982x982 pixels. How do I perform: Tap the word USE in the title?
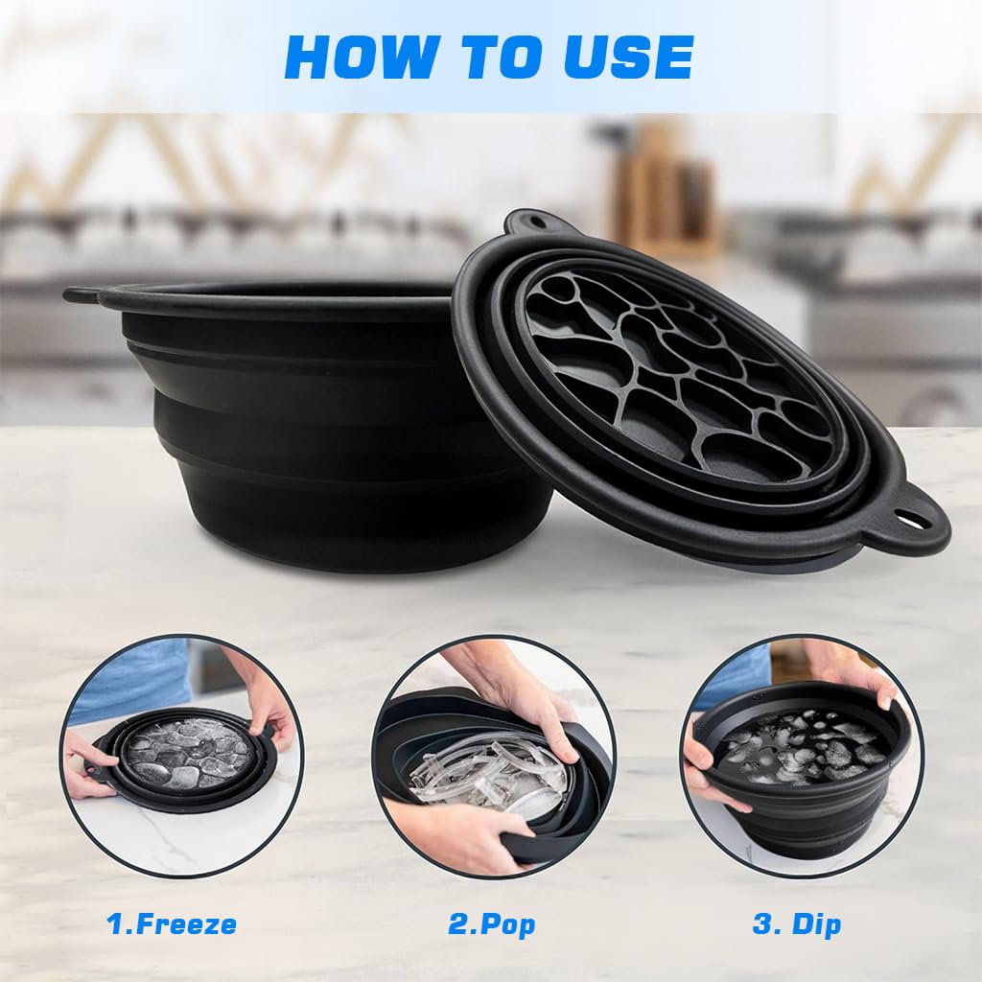(x=628, y=57)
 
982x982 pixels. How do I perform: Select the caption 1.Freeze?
(x=172, y=924)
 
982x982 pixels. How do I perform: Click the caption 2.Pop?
(x=492, y=925)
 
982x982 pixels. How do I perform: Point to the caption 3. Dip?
(x=797, y=925)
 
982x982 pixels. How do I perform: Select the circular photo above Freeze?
(x=181, y=756)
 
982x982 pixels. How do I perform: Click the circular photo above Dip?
(x=802, y=756)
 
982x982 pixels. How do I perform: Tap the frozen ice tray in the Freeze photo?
(x=184, y=754)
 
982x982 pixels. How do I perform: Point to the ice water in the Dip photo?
(x=805, y=746)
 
